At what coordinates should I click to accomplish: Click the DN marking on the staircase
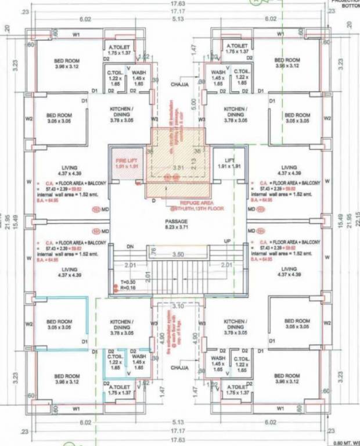[131, 246]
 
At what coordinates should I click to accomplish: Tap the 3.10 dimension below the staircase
[178, 305]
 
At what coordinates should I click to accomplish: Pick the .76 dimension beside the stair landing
[153, 251]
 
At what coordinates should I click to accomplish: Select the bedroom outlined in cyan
[60, 323]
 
